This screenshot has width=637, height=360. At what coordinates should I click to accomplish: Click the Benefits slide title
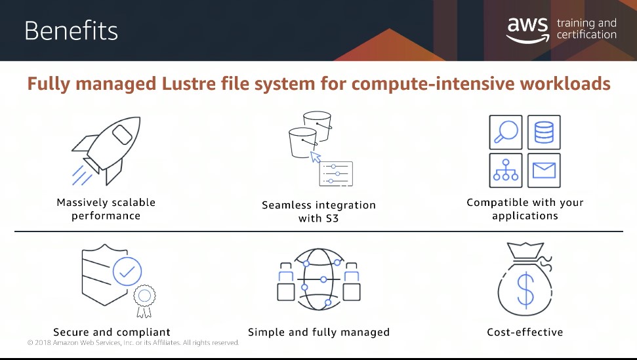[71, 31]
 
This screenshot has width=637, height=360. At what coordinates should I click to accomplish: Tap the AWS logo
[527, 30]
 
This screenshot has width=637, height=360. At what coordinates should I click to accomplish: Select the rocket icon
[106, 151]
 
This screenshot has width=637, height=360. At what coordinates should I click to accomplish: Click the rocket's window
[122, 134]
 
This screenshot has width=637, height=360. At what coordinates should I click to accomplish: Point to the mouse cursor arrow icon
[316, 157]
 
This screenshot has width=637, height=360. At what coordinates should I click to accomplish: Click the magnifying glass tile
[506, 132]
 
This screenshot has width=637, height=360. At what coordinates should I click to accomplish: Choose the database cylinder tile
[544, 132]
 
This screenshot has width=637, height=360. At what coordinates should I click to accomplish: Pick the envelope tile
[544, 170]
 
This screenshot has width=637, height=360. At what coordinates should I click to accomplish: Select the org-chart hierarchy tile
[506, 170]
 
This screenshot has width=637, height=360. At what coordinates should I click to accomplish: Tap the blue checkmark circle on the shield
[127, 271]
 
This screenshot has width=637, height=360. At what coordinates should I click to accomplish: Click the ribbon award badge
[144, 301]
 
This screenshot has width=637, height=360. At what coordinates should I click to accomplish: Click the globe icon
[319, 279]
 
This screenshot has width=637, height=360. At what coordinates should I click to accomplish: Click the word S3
[332, 218]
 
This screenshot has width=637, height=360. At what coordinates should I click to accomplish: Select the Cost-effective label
[525, 332]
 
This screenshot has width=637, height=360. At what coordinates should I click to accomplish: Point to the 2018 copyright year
[42, 342]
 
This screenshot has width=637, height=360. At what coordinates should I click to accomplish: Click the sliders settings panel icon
[336, 174]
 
